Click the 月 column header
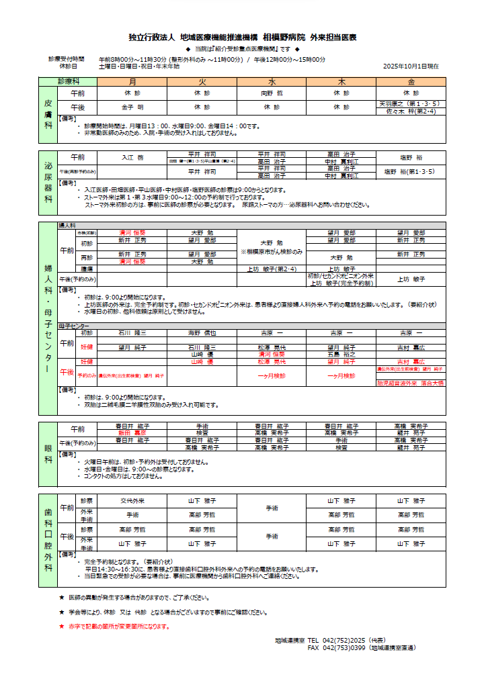[132, 81]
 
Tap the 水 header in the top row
[272, 81]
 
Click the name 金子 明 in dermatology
[132, 107]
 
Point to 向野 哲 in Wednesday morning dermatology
[272, 94]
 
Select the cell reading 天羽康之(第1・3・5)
[409, 103]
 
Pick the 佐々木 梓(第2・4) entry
[411, 111]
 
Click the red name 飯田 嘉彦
[132, 434]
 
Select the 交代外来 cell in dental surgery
[132, 501]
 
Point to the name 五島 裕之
[341, 354]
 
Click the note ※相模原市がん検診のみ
[272, 251]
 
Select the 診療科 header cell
[68, 81]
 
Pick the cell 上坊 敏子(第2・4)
[272, 269]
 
